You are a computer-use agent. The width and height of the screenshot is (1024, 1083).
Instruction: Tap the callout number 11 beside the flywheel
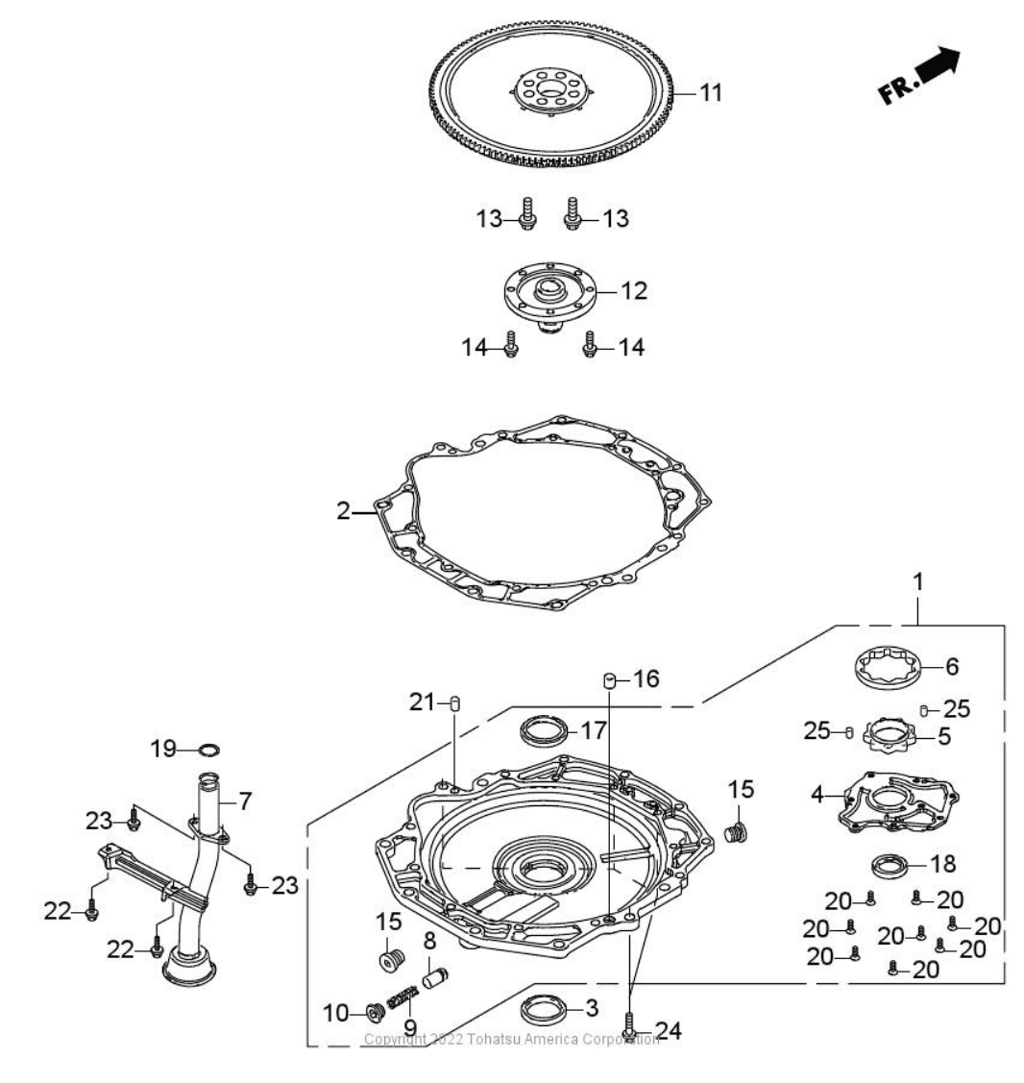coord(710,93)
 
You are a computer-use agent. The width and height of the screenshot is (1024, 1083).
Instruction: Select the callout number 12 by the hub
coord(634,289)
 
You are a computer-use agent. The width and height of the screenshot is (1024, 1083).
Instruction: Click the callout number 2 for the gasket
coord(343,510)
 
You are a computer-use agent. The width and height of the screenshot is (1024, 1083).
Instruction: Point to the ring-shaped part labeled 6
coord(889,667)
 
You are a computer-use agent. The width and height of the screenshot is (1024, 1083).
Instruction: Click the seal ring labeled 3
coord(545,1011)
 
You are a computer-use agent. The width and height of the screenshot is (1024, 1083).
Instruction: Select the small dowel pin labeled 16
coord(608,681)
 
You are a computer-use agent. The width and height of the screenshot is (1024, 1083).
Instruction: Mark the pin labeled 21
coord(456,703)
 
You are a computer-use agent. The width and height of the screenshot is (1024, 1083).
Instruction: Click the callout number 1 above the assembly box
coord(918,581)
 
